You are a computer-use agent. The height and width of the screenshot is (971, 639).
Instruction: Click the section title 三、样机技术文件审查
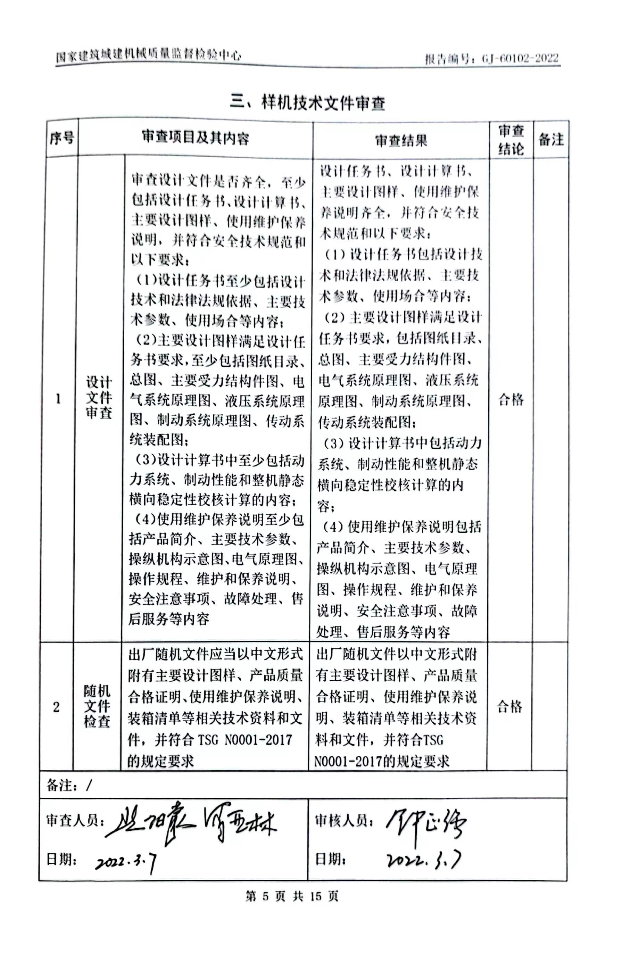[307, 102]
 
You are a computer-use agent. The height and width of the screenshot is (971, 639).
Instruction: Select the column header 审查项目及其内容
[195, 138]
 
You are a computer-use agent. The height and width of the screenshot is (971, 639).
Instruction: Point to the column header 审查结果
[401, 141]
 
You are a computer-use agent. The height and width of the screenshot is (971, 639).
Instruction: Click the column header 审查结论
[511, 140]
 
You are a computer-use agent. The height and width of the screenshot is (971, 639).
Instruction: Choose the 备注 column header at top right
[550, 140]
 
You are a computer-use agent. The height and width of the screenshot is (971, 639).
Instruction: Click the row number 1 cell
[58, 399]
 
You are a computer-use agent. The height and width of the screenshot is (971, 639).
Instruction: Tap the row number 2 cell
[56, 707]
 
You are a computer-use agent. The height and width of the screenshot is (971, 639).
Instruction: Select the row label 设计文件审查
[98, 397]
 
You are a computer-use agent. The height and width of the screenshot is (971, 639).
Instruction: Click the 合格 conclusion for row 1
[511, 399]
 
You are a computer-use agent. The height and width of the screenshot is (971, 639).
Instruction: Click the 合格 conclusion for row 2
[509, 706]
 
